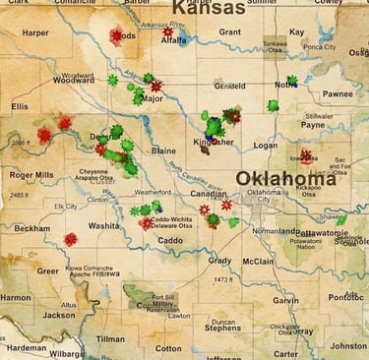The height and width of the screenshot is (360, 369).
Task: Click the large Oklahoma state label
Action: coord(285,179)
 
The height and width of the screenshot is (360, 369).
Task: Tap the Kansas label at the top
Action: coord(209,9)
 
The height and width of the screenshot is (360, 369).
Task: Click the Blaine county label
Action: coord(163,150)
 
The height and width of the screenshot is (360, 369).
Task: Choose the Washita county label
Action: coord(104,225)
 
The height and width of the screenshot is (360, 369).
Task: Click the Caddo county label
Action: coord(170,239)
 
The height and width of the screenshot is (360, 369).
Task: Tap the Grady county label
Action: coord(219,261)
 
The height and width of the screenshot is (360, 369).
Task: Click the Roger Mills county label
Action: coord(31,175)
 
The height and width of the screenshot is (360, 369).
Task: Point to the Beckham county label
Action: coord(31,227)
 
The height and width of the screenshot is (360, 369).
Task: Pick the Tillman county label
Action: coord(110,338)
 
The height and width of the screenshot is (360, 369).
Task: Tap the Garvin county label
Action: coord(285,300)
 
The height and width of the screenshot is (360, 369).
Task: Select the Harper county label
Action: coord(34,32)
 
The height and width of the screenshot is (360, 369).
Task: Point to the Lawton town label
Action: coord(179,316)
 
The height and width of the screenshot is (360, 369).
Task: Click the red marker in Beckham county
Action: coord(70,239)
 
